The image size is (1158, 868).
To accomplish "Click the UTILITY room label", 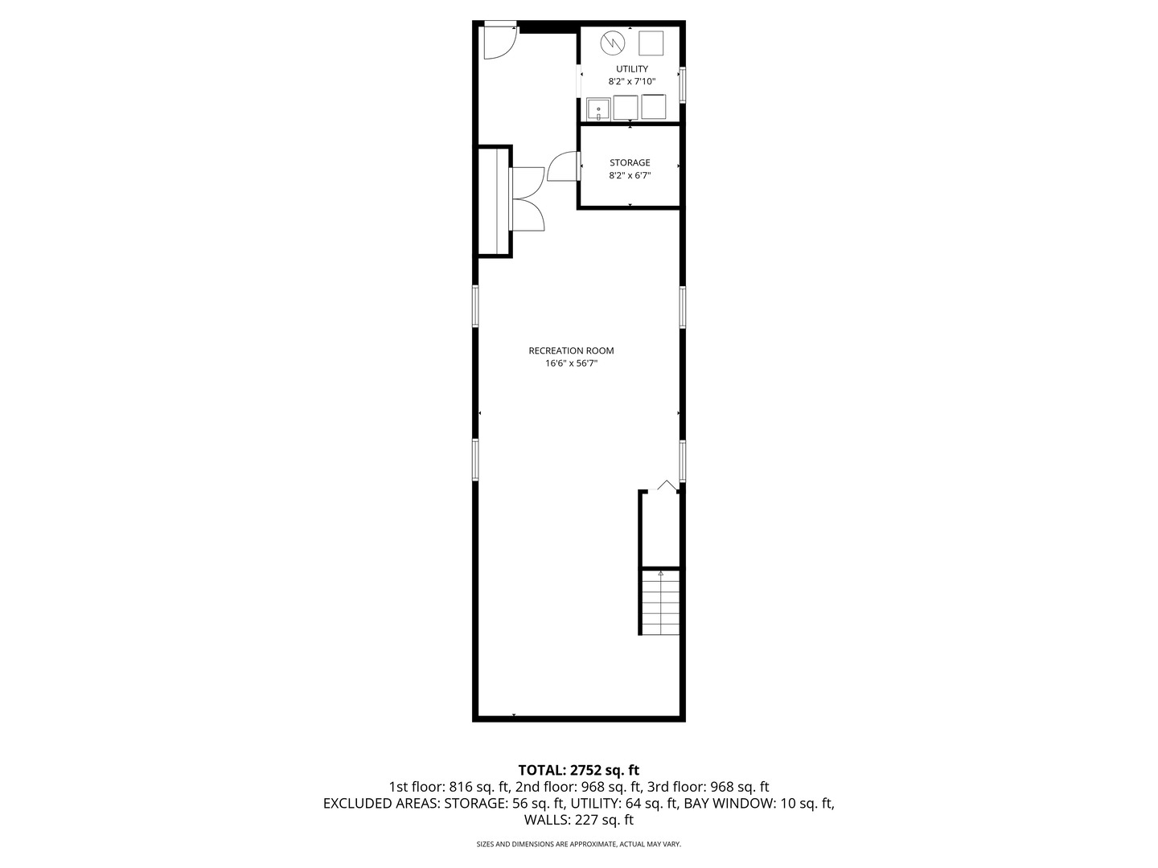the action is click(x=631, y=69).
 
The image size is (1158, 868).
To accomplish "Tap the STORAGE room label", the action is click(x=630, y=163).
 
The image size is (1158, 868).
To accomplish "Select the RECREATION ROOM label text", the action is click(x=571, y=350).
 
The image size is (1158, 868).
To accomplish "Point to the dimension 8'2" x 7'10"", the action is click(x=631, y=82).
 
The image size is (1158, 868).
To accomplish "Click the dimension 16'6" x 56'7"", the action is click(x=571, y=363).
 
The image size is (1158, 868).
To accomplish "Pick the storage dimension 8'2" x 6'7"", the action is click(x=630, y=175).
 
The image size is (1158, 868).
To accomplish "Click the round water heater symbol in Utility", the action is click(x=613, y=43).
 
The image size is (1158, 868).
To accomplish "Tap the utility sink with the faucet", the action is click(x=598, y=109).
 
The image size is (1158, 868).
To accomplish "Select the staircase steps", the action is click(x=660, y=603).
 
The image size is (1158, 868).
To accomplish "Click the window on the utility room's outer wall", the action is click(x=682, y=85).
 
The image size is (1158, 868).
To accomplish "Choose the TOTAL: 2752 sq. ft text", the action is click(x=578, y=771).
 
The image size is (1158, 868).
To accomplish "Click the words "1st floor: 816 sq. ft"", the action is click(x=449, y=787).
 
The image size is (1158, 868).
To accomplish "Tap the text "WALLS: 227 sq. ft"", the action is click(x=578, y=820).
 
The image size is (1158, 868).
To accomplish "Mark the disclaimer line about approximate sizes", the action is click(x=578, y=844).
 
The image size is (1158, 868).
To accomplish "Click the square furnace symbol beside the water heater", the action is click(x=651, y=43).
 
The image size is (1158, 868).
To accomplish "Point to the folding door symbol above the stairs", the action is click(x=667, y=485).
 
